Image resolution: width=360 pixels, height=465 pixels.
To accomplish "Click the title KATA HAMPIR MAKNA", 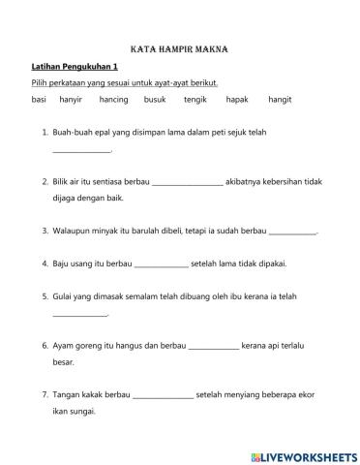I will coord(179,47).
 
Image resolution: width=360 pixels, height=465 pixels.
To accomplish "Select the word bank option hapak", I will coord(237,100).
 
